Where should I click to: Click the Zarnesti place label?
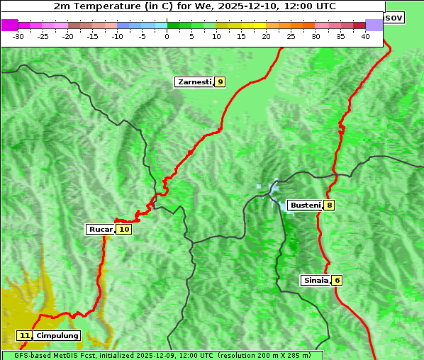pyautogui.click(x=194, y=82)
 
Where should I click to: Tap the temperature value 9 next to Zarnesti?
pyautogui.click(x=221, y=82)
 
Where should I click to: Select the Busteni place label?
pyautogui.click(x=305, y=206)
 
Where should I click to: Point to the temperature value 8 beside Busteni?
pyautogui.click(x=330, y=206)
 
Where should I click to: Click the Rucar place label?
pyautogui.click(x=100, y=229)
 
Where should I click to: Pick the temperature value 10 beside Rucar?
pyautogui.click(x=124, y=229)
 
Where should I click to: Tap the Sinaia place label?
pyautogui.click(x=316, y=280)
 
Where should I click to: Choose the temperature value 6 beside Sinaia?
pyautogui.click(x=337, y=280)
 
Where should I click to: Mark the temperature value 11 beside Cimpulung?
pyautogui.click(x=25, y=335)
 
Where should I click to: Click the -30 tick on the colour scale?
pyautogui.click(x=18, y=35)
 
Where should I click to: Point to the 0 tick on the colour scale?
pyautogui.click(x=167, y=35)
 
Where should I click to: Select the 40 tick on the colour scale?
pyautogui.click(x=365, y=35)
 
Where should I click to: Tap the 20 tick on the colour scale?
pyautogui.click(x=266, y=35)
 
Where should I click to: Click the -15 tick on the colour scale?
pyautogui.click(x=93, y=35)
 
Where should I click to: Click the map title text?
pyautogui.click(x=195, y=6)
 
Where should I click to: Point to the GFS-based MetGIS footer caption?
pyautogui.click(x=162, y=355)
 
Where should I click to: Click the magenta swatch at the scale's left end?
pyautogui.click(x=9, y=25)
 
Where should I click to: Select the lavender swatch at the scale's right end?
pyautogui.click(x=374, y=25)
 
